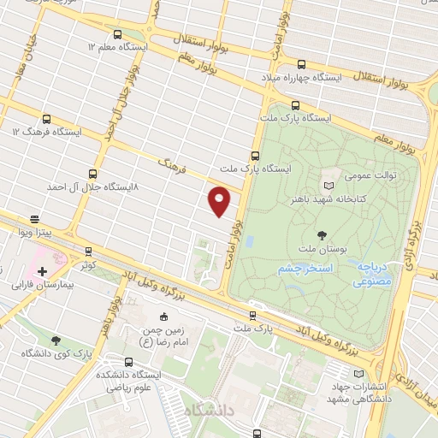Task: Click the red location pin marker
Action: [220, 201]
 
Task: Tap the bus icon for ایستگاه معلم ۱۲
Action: [117, 34]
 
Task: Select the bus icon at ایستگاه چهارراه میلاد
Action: [300, 63]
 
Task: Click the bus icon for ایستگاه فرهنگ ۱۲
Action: [45, 120]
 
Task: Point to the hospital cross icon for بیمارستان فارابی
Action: [42, 271]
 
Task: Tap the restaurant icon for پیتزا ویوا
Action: [34, 219]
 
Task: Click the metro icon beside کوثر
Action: [88, 252]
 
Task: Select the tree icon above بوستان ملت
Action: [322, 234]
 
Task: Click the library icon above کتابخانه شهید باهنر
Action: [329, 184]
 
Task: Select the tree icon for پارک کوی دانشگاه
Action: [56, 340]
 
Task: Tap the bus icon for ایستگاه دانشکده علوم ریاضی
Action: [129, 362]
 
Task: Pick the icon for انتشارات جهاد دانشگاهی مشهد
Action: [358, 373]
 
